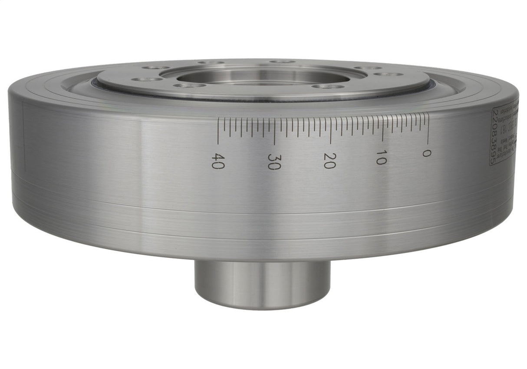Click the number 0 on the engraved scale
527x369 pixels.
point(427,153)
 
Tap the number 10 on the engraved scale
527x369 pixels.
point(381,157)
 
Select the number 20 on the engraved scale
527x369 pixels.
point(329,160)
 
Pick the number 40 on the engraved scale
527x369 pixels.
point(217,161)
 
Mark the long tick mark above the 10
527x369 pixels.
point(382,128)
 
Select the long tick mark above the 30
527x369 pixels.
point(274,131)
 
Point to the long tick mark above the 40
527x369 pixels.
point(218,131)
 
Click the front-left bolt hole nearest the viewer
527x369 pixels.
point(190,85)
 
